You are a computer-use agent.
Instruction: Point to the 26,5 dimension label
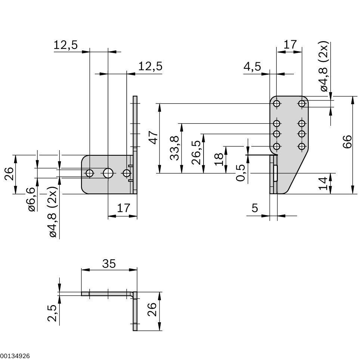[196, 152]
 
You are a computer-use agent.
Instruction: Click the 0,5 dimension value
[241, 173]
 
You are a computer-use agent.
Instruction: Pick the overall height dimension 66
[347, 142]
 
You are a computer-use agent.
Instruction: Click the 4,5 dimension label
[252, 66]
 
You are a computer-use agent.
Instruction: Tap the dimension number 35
[109, 264]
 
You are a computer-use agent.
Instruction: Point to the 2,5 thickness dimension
[52, 313]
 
